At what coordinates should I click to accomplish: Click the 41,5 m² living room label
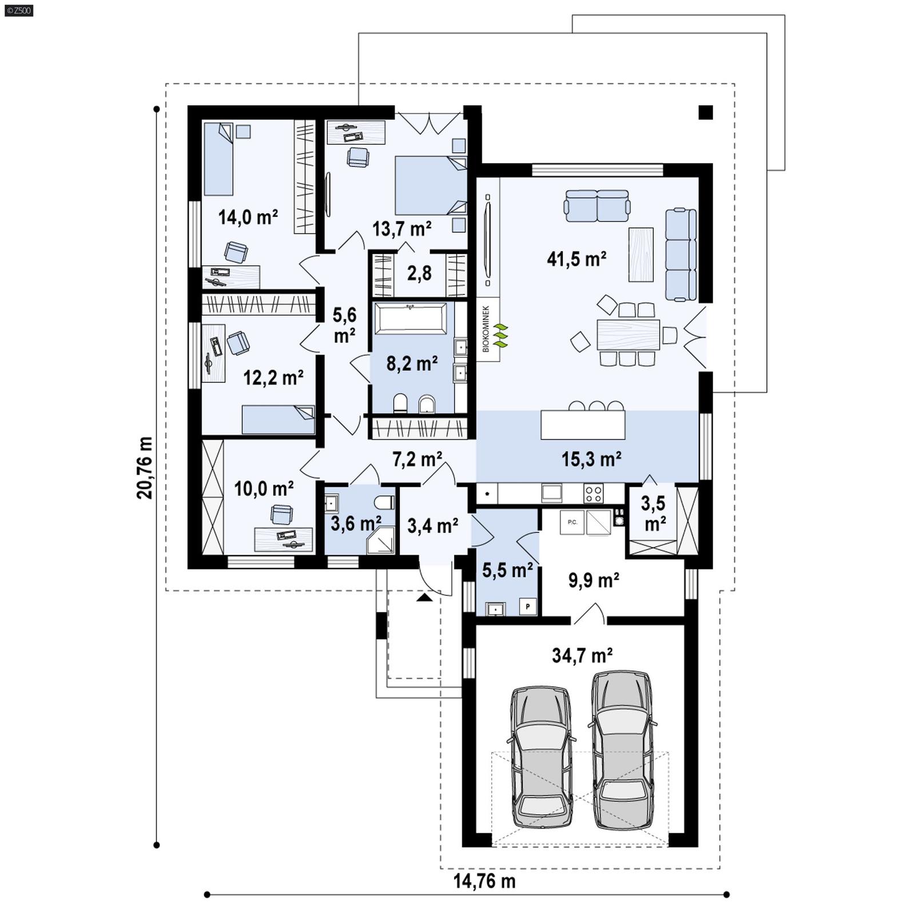pos(576,259)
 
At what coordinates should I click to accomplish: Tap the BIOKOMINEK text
pos(486,328)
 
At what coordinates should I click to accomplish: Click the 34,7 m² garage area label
pos(582,655)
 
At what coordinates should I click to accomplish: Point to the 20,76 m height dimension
pos(145,468)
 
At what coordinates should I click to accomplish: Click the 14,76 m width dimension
pos(484,881)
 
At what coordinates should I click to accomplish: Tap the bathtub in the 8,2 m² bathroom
pos(410,319)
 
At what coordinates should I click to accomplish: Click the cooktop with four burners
pos(593,493)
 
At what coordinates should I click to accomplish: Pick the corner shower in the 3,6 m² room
pos(380,540)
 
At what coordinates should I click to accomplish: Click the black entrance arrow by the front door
pos(424,598)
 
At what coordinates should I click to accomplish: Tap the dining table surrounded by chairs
pos(628,334)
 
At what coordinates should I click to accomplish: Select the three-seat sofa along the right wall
pos(681,254)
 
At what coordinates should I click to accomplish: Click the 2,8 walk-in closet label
pos(419,273)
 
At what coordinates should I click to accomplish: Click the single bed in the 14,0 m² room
pos(218,159)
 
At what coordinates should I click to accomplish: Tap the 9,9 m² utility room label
pos(593,580)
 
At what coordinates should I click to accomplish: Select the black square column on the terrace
pos(706,113)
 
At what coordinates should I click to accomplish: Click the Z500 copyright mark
pos(18,10)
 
